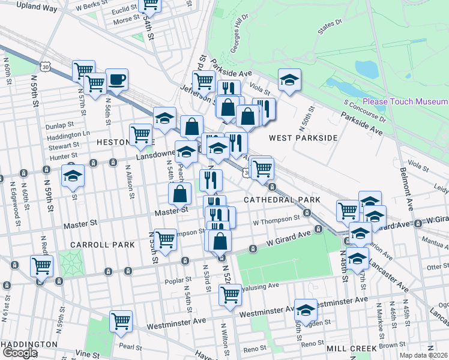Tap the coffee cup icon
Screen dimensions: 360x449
click(x=116, y=79)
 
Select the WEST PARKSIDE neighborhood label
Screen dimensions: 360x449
click(x=303, y=138)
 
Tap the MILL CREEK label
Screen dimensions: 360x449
click(x=351, y=348)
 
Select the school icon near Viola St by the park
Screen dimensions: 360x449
click(x=289, y=80)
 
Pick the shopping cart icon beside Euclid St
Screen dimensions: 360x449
click(x=150, y=5)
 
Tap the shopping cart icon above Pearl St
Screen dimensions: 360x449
click(x=121, y=321)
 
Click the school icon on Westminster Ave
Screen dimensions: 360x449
click(x=305, y=310)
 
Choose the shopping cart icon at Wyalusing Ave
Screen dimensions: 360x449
click(x=230, y=295)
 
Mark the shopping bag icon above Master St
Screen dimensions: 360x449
click(x=180, y=193)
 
